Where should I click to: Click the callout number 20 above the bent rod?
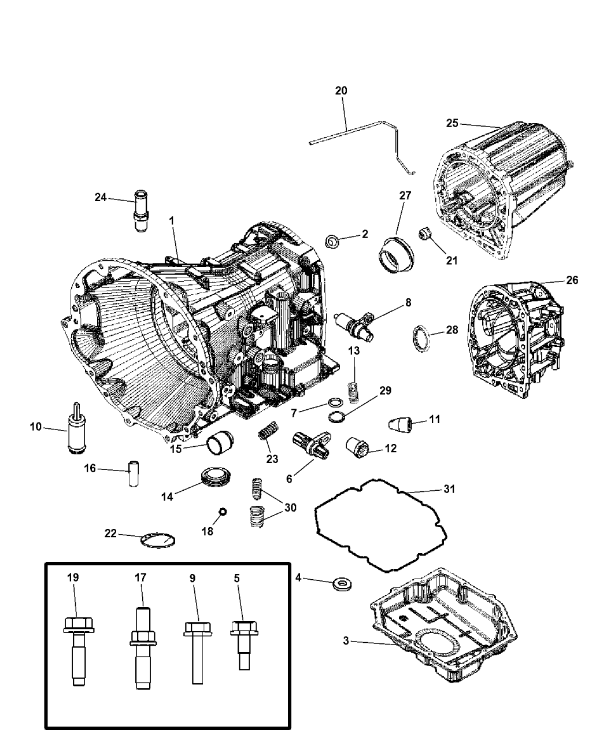coord(341,90)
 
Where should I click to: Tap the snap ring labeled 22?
coord(158,540)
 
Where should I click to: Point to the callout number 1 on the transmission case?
coord(172,220)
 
